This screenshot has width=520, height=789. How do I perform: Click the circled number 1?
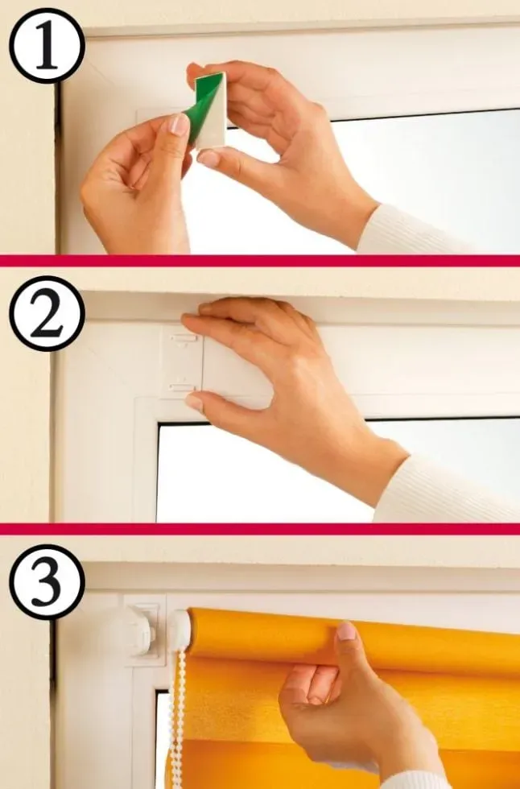point(47,46)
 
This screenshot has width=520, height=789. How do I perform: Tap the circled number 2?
point(47,313)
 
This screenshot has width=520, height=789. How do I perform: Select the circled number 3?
point(47,581)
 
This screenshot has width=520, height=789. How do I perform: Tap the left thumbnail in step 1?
point(178,124)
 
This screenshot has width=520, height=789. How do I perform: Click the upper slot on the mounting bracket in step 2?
point(182,337)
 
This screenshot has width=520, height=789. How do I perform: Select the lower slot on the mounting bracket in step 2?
point(182,386)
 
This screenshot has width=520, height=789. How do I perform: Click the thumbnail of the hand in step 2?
point(194,402)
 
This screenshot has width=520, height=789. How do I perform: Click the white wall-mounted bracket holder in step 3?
point(142,630)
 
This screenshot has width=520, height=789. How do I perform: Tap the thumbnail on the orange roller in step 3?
point(346,631)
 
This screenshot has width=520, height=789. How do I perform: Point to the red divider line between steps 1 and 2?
point(260,261)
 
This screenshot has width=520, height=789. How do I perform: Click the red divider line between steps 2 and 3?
point(260,529)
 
